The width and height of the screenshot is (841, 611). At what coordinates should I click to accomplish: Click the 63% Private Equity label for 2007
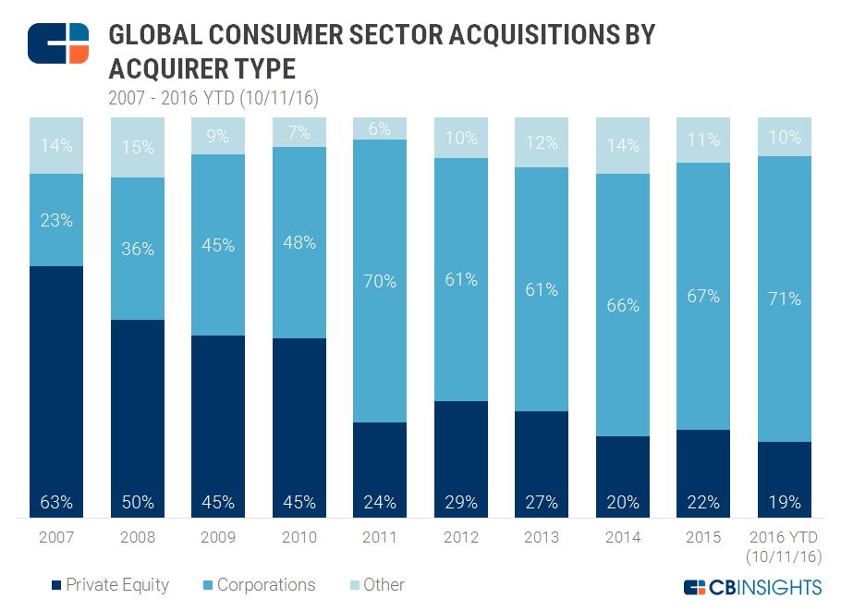[x=56, y=503]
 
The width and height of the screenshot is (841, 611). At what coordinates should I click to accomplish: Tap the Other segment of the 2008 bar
[x=137, y=147]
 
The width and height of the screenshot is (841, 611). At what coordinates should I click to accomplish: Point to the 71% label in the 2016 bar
[x=784, y=299]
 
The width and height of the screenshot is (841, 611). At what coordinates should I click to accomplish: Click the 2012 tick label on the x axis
[x=460, y=537]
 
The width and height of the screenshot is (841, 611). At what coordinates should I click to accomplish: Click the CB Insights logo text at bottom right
[x=752, y=587]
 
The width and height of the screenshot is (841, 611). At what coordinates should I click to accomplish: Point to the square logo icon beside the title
[x=58, y=43]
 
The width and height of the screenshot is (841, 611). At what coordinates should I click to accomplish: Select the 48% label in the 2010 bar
[x=299, y=243]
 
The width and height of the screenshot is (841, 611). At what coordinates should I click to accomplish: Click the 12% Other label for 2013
[x=542, y=143]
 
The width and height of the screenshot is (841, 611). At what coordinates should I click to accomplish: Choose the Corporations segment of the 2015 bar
[x=703, y=296]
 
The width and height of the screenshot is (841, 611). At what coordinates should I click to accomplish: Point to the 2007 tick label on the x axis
[x=56, y=537]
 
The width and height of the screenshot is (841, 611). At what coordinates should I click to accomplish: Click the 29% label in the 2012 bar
[x=460, y=503]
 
